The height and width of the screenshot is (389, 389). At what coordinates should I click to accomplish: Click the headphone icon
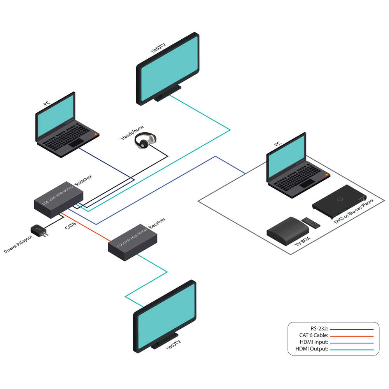145,140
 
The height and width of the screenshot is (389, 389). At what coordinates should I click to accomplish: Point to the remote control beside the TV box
312,223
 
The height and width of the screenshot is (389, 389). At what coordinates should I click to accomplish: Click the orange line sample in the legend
351,336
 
